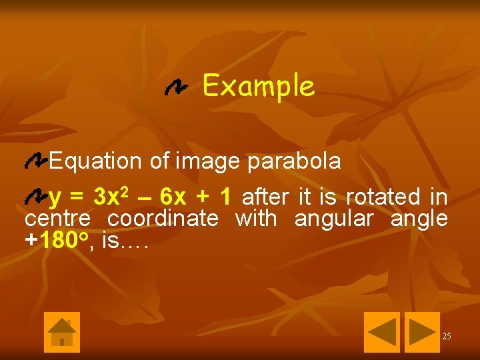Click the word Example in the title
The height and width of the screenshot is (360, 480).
click(258, 87)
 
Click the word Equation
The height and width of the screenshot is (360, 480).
click(95, 161)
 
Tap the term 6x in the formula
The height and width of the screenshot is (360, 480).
click(173, 197)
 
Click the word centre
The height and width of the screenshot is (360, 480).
click(57, 219)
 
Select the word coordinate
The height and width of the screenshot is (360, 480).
click(163, 219)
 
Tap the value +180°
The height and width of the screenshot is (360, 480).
click(57, 240)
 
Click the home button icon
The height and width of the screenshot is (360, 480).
click(62, 332)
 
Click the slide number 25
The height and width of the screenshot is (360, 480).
click(446, 336)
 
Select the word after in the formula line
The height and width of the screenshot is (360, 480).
click(265, 197)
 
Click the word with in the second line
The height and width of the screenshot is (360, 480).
click(256, 219)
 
